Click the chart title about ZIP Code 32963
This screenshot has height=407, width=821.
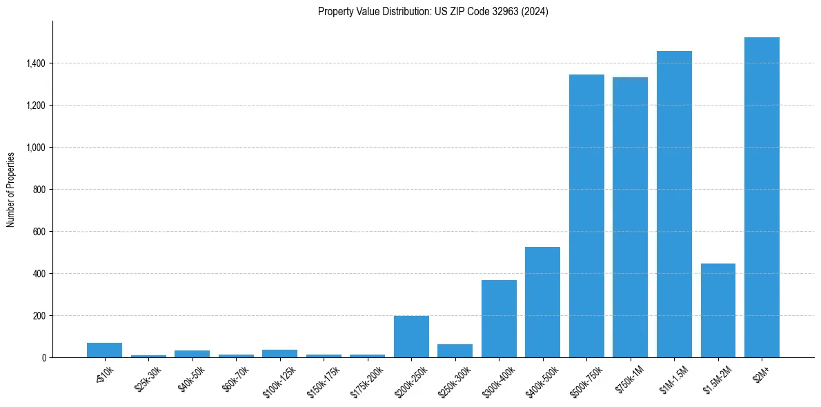click(433, 11)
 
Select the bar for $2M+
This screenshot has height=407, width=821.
click(762, 197)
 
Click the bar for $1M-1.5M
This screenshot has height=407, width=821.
click(674, 204)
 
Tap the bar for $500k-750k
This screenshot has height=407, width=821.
click(586, 216)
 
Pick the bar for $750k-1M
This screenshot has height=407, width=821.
click(630, 217)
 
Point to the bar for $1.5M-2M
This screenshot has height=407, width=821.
click(718, 310)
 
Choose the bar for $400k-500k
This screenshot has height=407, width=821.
click(542, 302)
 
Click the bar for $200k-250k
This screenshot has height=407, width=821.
click(411, 337)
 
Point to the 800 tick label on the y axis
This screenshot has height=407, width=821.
click(39, 190)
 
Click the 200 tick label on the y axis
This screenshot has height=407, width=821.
click(39, 316)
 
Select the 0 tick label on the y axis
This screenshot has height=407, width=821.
click(43, 358)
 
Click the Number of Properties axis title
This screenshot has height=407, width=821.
click(11, 190)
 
